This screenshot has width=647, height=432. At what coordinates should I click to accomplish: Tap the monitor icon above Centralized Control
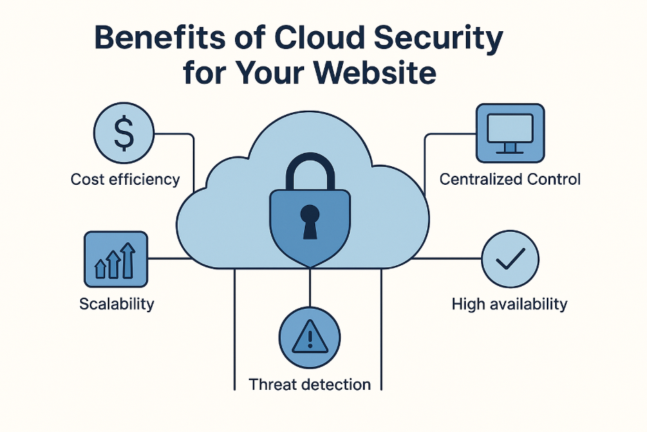coord(510,133)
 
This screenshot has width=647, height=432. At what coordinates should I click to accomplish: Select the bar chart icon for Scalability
coord(115,260)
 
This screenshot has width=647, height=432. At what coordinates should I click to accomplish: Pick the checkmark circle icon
coord(509,260)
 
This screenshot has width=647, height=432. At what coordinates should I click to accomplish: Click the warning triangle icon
coord(309,337)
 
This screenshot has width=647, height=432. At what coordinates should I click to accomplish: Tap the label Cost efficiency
coord(125,179)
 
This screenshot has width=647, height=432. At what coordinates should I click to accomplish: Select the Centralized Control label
coord(510,179)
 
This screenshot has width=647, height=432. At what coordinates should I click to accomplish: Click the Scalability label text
coord(117,303)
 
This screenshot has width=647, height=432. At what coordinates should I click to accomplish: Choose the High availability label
coord(509,303)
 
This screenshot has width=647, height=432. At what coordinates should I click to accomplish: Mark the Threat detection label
coord(310,384)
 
